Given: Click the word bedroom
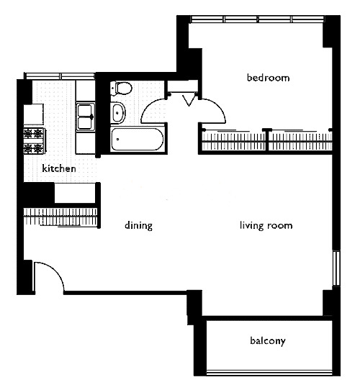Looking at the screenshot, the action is pos(268,78).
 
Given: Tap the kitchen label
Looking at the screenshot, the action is pos(59,168).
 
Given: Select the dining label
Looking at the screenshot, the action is pos(138,225).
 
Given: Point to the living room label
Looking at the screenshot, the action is pos(266,225).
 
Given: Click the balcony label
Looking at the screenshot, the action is pos(268,341).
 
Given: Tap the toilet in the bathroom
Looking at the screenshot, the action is pos(121,88).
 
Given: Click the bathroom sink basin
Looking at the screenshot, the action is pos(117,113).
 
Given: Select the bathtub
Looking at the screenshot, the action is pos(138,140).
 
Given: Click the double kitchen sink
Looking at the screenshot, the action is pos(85,117).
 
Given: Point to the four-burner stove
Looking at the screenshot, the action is pos(35,140).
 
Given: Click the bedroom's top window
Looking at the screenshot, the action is pos(257,19).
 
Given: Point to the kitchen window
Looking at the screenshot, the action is pos(60,76).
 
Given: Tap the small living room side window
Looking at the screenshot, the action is pos(336,268).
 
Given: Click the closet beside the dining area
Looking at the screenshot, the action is pos(60,217).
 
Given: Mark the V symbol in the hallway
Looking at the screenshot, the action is pos(189,101).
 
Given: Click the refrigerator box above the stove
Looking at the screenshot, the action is pos(34,114).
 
